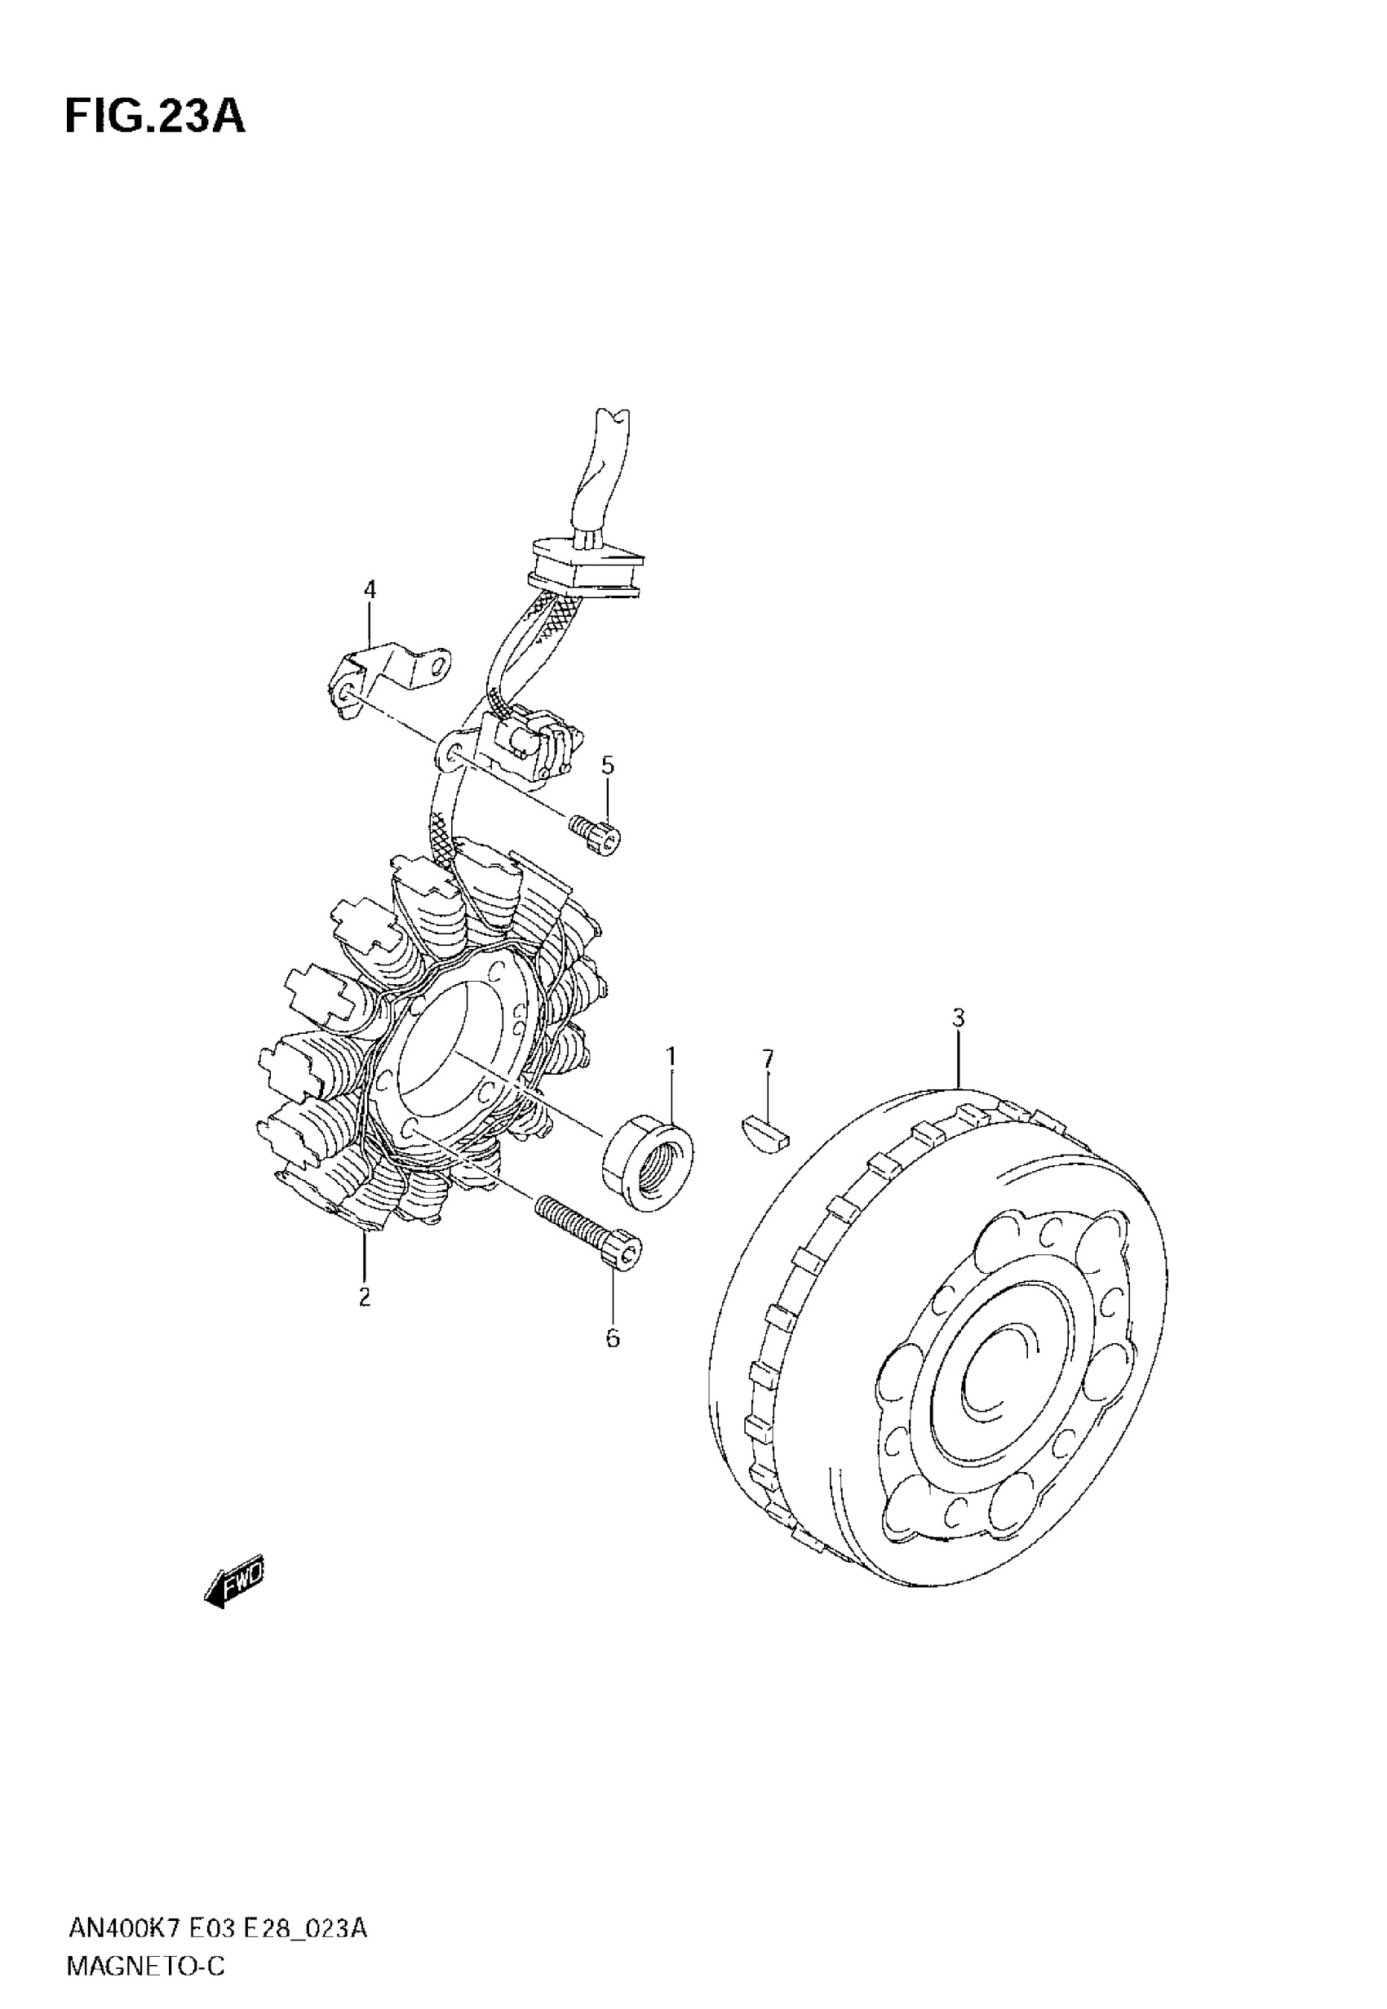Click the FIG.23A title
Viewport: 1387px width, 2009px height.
coord(155,118)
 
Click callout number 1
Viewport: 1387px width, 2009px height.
coord(671,1056)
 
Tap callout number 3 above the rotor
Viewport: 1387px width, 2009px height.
coord(959,1018)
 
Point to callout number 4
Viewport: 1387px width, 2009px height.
coord(370,590)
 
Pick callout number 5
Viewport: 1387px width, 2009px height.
coord(608,765)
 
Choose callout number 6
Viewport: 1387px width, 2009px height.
coord(613,1339)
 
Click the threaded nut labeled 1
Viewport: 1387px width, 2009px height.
coord(649,1161)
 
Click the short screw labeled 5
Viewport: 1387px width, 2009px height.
coord(597,835)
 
